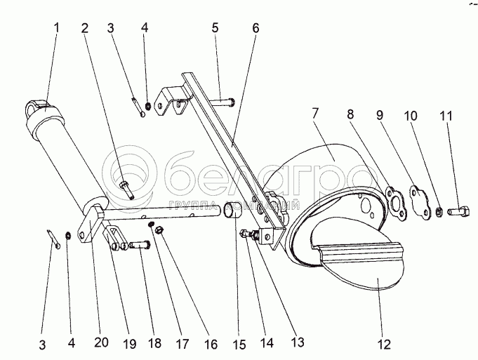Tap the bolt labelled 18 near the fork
140,246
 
